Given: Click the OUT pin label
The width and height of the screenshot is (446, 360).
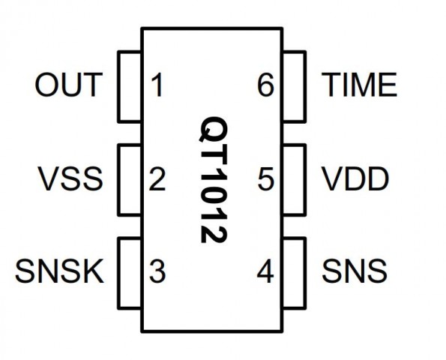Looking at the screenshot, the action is click(x=68, y=85).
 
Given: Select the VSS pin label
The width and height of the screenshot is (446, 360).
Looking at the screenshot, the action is click(x=70, y=178).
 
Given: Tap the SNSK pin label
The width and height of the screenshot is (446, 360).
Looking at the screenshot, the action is click(x=59, y=271).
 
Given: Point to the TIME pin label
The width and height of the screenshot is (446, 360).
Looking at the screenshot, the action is click(x=359, y=85).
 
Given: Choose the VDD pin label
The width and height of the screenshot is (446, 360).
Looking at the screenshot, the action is click(x=355, y=178).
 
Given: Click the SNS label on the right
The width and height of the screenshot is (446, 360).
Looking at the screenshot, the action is click(x=355, y=271).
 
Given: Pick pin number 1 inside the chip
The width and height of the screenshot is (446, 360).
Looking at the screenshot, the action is click(x=157, y=85).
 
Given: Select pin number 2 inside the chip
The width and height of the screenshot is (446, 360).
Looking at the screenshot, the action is click(x=157, y=178).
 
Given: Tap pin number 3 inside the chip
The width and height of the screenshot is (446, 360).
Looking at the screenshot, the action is click(x=157, y=271).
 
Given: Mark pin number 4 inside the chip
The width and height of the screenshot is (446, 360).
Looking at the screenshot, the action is click(x=265, y=271).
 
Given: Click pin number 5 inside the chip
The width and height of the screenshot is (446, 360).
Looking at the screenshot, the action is click(x=265, y=178).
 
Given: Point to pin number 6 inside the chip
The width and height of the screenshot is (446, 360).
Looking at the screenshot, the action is click(x=265, y=85).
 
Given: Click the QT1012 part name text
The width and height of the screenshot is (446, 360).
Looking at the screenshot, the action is click(x=214, y=179).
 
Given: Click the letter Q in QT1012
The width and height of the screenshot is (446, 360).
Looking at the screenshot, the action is click(x=214, y=129).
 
